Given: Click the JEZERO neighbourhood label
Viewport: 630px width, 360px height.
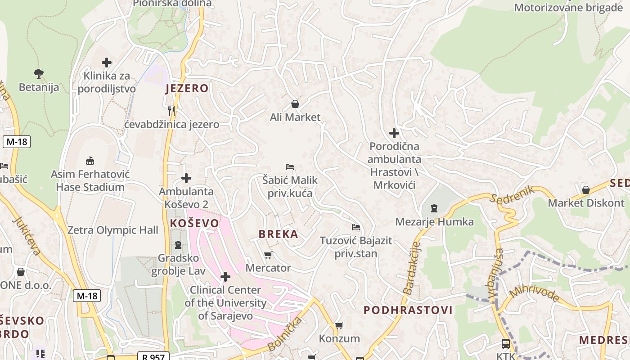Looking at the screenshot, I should [x=187, y=88].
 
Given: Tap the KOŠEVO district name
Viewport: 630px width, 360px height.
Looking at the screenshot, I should [x=194, y=223].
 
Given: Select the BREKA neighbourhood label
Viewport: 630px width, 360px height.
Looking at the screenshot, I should [x=278, y=234].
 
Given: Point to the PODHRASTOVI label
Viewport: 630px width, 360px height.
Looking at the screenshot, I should [x=408, y=310].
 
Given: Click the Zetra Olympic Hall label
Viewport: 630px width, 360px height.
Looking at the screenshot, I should [x=112, y=230].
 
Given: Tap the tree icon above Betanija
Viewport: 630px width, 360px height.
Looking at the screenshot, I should [x=39, y=73].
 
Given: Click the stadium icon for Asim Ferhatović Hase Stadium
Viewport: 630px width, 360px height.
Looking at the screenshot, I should [x=90, y=160].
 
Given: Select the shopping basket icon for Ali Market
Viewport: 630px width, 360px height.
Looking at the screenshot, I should [x=295, y=104].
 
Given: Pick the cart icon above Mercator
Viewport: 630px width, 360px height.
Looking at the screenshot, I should [x=268, y=255].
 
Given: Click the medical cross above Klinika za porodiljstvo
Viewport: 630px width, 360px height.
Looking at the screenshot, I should [x=107, y=63].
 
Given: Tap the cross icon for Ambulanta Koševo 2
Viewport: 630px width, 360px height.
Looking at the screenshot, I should [x=186, y=178].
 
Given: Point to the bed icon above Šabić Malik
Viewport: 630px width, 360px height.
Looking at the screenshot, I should [x=290, y=167].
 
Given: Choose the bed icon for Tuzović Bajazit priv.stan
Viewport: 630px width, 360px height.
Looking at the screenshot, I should [x=356, y=227].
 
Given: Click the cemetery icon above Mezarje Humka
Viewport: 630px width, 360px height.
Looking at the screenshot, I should [x=434, y=208].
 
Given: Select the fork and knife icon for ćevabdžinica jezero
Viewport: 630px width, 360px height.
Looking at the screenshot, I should [x=171, y=111].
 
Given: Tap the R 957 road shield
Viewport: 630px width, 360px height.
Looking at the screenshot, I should [x=153, y=356].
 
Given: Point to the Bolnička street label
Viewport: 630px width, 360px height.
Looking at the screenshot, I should [x=285, y=334].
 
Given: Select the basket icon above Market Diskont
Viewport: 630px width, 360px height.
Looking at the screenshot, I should [x=586, y=190].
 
